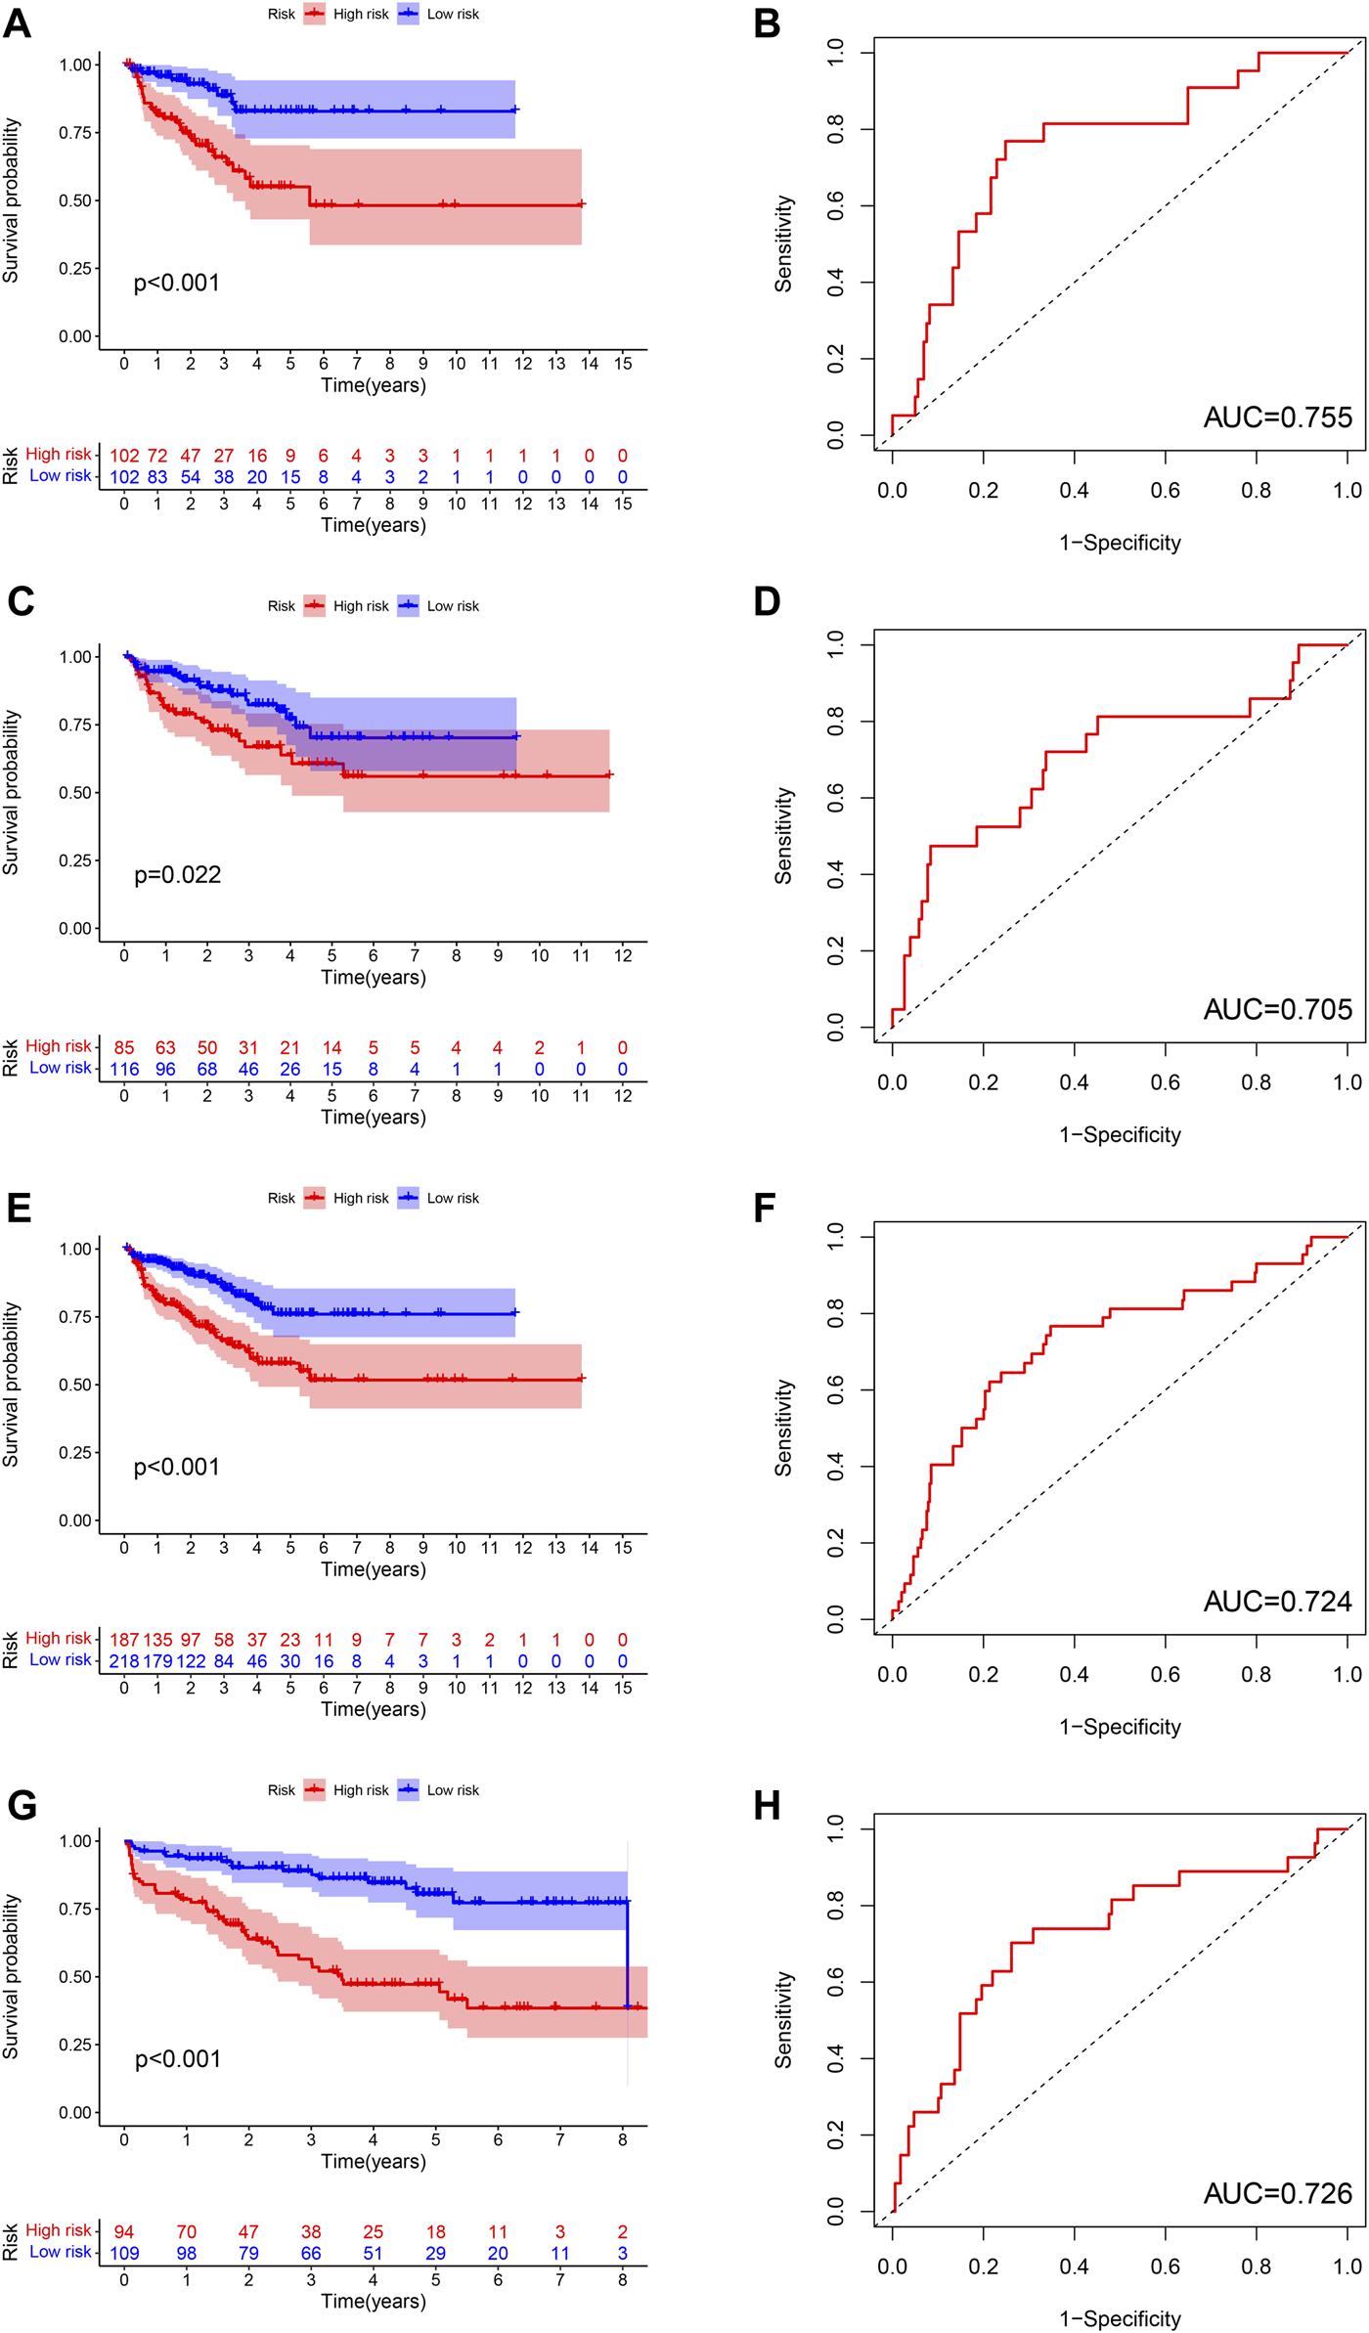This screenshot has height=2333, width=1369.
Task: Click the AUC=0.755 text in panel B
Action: [x=1277, y=418]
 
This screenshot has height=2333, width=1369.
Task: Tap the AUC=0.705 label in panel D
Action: [x=1277, y=1009]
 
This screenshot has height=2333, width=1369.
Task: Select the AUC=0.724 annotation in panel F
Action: [x=1277, y=1602]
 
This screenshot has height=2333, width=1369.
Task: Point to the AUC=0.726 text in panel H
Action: [x=1277, y=2193]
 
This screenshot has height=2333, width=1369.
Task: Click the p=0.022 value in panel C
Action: [x=177, y=874]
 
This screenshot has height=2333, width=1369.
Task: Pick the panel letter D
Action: [x=767, y=601]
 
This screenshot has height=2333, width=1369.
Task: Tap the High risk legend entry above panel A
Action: [x=347, y=15]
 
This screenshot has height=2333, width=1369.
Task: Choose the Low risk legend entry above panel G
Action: [x=439, y=1790]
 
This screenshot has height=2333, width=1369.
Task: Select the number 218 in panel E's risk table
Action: [x=124, y=1661]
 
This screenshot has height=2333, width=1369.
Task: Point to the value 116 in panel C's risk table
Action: [x=124, y=1070]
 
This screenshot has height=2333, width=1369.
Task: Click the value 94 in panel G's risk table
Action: [x=124, y=2232]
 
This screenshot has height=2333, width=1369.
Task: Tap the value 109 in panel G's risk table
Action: [x=124, y=2254]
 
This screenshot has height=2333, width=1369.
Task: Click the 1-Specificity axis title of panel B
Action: [x=1120, y=543]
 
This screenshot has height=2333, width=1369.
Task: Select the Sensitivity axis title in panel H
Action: [x=783, y=2019]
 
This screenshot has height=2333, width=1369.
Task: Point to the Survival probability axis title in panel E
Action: [x=11, y=1384]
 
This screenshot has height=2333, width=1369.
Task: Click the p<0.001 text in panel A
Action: [x=176, y=283]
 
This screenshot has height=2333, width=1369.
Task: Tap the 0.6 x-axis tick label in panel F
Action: [x=1165, y=1674]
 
